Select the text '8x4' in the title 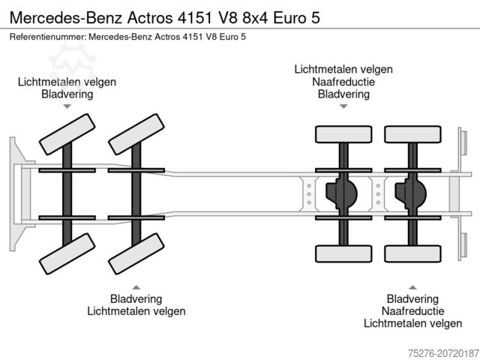click(x=250, y=18)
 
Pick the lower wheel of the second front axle click(x=136, y=254)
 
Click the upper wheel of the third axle click(x=343, y=134)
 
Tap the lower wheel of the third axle click(x=343, y=253)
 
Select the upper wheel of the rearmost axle click(x=412, y=134)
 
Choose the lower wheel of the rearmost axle click(x=412, y=253)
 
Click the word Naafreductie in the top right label click(x=343, y=82)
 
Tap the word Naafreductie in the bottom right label click(x=412, y=310)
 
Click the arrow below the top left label click(x=67, y=106)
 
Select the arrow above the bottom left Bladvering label click(x=136, y=286)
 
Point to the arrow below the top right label click(x=343, y=106)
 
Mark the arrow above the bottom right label click(x=412, y=286)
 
